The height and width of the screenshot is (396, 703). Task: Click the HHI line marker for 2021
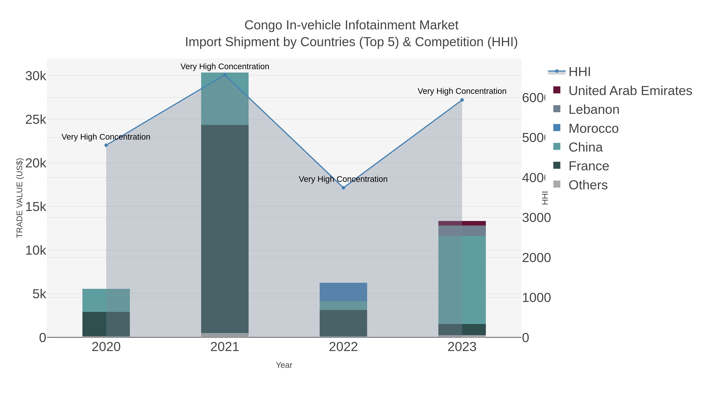coord(225,75)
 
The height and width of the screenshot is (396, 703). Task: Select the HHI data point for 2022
coord(343,188)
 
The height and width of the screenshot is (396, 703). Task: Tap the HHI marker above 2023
coord(462,100)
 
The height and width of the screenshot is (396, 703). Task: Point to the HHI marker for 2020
coord(106,145)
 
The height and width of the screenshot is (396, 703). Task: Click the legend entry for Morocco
coord(593,128)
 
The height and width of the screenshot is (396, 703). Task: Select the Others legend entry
coord(588,185)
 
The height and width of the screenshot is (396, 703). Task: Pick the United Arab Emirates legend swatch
coord(557,90)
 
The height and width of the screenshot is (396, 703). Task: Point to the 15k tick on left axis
coord(36,207)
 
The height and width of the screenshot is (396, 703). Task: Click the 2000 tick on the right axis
coord(536,258)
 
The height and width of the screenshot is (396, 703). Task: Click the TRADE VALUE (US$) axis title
coord(20,198)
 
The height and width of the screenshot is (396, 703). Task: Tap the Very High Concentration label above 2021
coord(225,66)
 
